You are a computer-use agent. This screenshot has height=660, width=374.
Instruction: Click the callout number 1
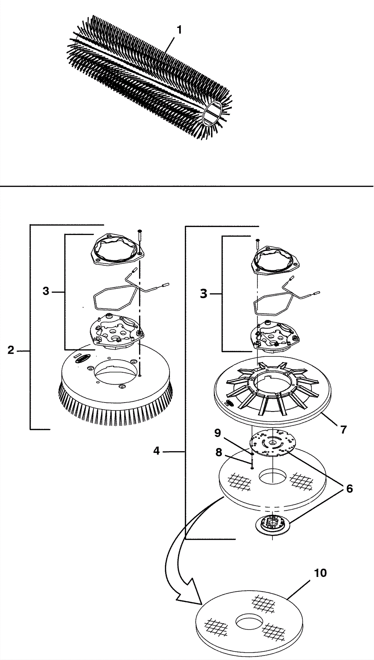[179, 30]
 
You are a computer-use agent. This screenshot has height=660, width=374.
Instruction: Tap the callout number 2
[11, 350]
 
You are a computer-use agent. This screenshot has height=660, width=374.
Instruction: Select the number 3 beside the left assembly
[46, 291]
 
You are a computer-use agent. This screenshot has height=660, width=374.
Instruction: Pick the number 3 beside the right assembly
[203, 294]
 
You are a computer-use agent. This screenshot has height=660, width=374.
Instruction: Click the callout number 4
[156, 451]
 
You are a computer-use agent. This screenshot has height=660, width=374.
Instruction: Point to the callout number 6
[349, 488]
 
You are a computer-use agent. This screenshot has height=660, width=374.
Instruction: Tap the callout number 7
[343, 429]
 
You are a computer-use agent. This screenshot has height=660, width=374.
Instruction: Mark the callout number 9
[218, 433]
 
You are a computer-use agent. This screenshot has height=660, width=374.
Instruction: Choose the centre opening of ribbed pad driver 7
[272, 381]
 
